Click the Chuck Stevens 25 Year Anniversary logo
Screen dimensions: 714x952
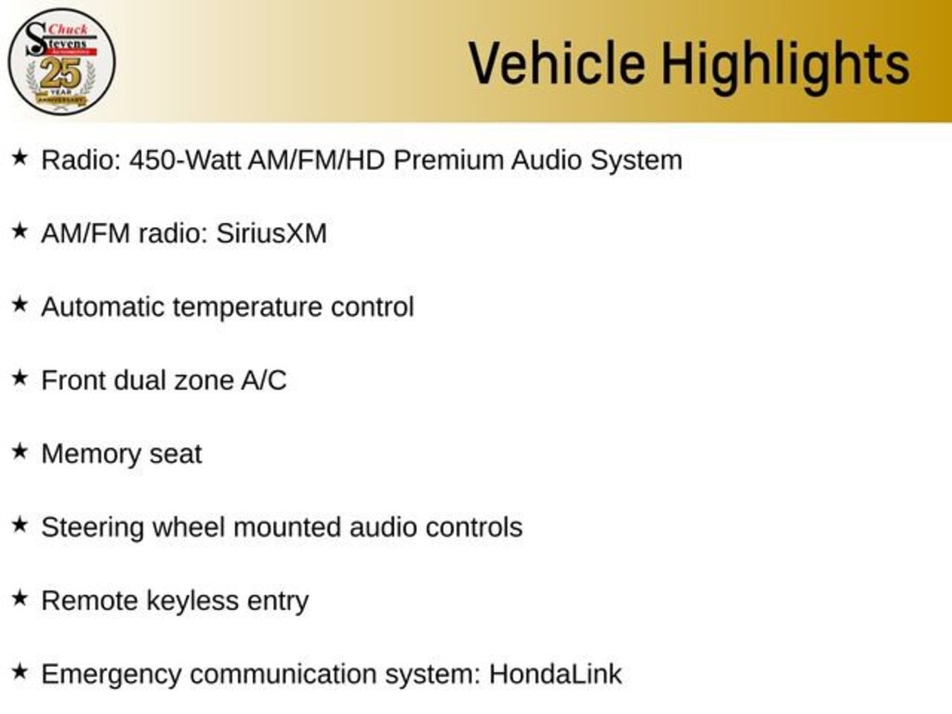click(61, 61)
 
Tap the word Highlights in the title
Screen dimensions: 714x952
click(786, 65)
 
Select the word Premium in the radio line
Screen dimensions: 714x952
click(448, 160)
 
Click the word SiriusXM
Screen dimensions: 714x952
click(271, 233)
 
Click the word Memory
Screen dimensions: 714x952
click(88, 454)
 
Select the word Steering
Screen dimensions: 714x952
click(92, 528)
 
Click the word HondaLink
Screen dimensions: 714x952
click(555, 674)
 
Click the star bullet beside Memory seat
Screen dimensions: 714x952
click(20, 451)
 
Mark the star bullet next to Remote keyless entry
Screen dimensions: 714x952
click(20, 599)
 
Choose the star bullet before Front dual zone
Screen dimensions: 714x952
click(20, 377)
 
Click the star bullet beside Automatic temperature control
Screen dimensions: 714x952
click(20, 304)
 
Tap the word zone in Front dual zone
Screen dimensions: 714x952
click(203, 380)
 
